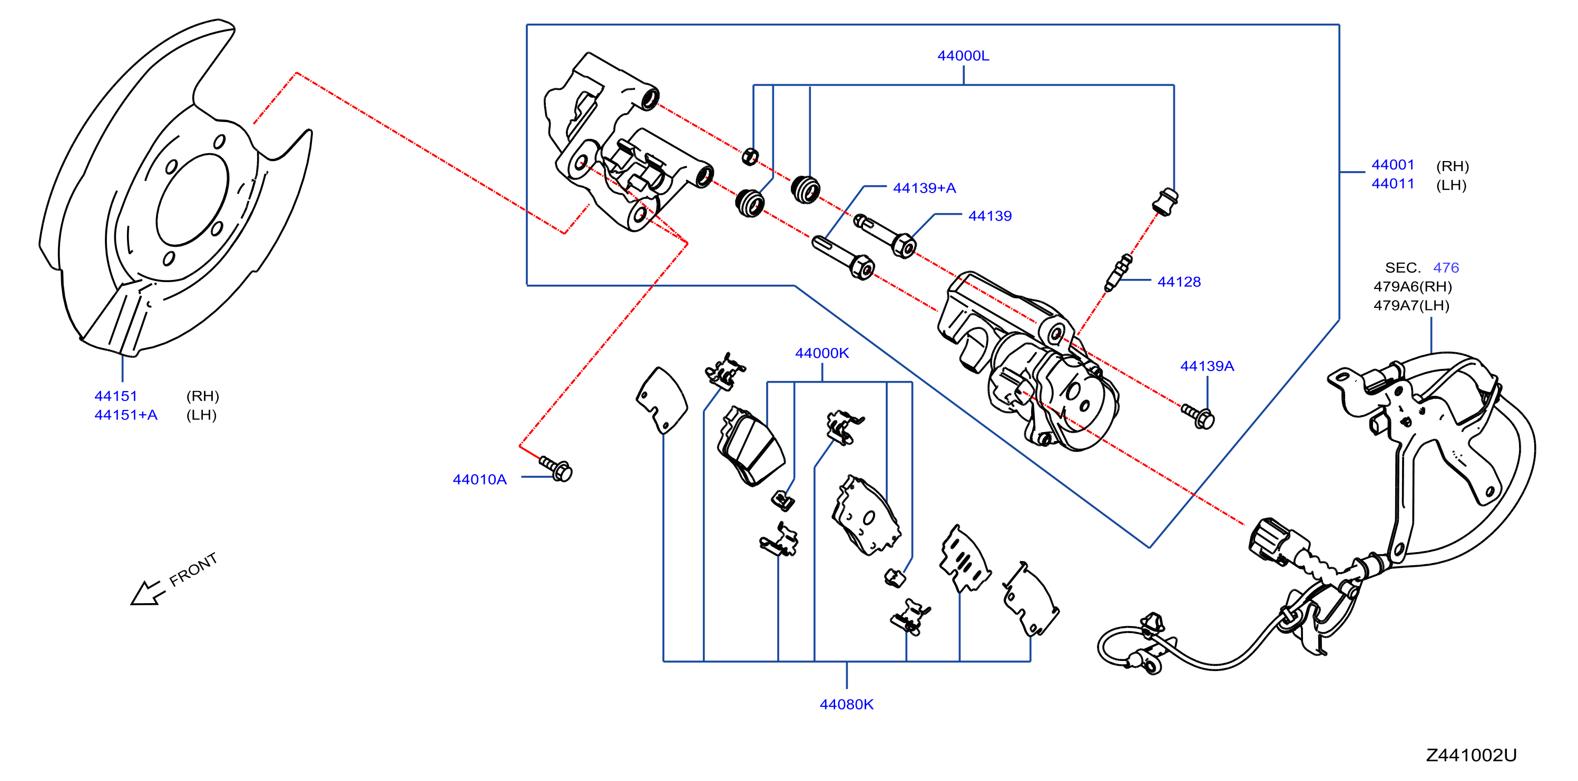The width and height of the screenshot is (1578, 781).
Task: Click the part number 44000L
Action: point(963,56)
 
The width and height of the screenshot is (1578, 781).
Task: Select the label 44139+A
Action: point(924,188)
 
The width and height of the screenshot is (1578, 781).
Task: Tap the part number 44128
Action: point(1179,282)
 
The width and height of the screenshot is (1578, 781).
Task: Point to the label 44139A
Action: point(1207,366)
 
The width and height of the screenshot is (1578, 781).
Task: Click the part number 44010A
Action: point(479,479)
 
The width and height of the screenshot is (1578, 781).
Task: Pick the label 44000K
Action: point(822,353)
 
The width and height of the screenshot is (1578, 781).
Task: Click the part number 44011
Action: point(1393,184)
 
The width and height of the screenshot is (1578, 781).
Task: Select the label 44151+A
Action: point(125,415)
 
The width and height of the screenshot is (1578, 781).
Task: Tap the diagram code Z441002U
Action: point(1472,755)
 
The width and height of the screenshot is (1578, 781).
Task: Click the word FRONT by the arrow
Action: point(193,570)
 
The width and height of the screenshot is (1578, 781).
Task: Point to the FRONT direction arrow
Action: point(148,593)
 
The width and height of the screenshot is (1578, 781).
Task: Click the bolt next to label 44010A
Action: point(556,468)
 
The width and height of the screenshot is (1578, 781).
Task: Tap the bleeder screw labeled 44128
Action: point(1119,273)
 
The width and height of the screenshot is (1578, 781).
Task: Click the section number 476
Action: point(1446,267)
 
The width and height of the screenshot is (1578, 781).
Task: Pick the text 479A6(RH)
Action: point(1413,286)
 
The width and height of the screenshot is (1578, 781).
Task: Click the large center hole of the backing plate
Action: point(192,200)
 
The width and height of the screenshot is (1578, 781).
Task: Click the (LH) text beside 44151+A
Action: point(202,415)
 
